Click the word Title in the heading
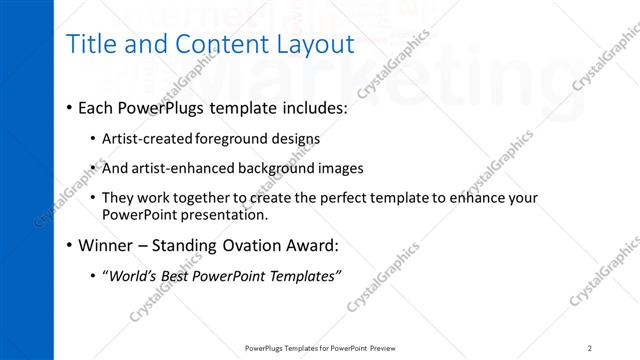88,44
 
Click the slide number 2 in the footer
590,347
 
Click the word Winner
106,244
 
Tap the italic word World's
132,276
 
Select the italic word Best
179,276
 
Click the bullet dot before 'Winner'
68,244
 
